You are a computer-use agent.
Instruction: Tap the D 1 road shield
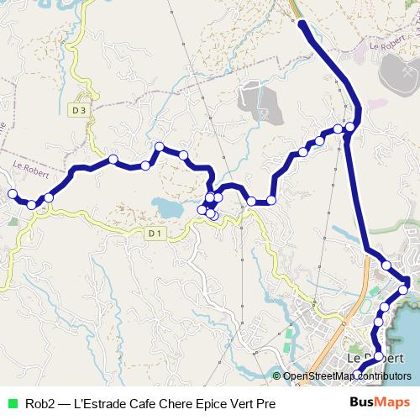point(153,233)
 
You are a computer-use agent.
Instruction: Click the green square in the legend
point(12,404)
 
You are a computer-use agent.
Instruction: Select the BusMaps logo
point(380,403)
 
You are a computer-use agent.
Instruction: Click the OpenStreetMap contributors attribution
point(346,376)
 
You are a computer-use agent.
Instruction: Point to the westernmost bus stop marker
point(13,195)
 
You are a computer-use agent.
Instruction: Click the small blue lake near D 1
point(165,207)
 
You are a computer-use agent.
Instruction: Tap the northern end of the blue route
point(302,24)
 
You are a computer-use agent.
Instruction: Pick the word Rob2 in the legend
point(39,404)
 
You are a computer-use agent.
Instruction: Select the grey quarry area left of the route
point(252,102)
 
